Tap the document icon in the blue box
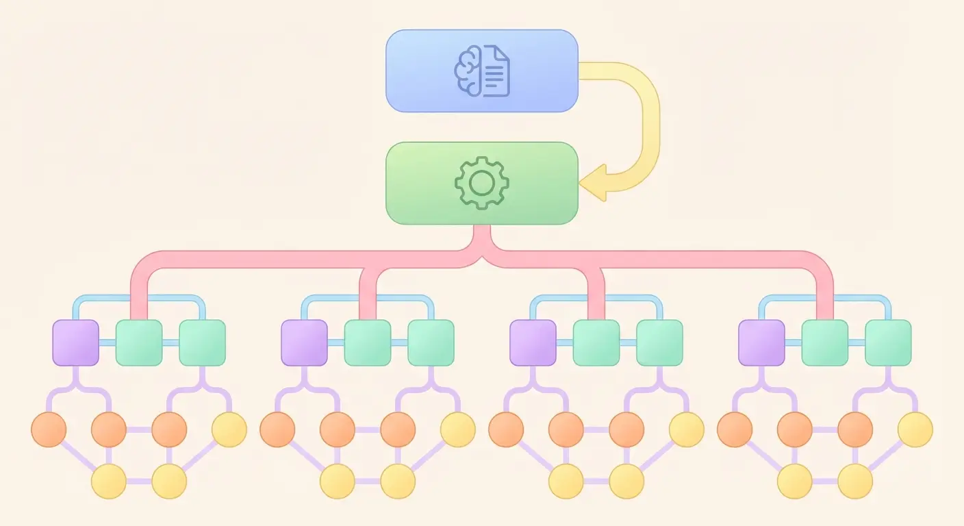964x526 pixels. (496, 71)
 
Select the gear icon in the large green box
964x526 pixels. (481, 183)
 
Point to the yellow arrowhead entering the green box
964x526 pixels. (593, 183)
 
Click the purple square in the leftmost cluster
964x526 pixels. (76, 342)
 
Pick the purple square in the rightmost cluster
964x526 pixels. (761, 342)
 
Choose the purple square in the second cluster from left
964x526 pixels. (305, 342)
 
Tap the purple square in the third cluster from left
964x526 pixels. (533, 342)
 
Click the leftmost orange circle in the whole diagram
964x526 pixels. (49, 430)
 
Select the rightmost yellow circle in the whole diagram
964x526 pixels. (915, 430)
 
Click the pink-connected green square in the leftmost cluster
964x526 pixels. (139, 342)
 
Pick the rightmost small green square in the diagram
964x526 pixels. (888, 342)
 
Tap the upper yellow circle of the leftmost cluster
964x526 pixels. (229, 430)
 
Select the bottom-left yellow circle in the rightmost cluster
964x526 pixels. (795, 481)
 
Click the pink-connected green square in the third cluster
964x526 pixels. (596, 342)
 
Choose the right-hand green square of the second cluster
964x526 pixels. (431, 342)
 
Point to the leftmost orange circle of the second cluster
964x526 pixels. (277, 430)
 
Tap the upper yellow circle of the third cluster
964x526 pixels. (687, 430)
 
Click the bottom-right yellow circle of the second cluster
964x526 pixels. (398, 481)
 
